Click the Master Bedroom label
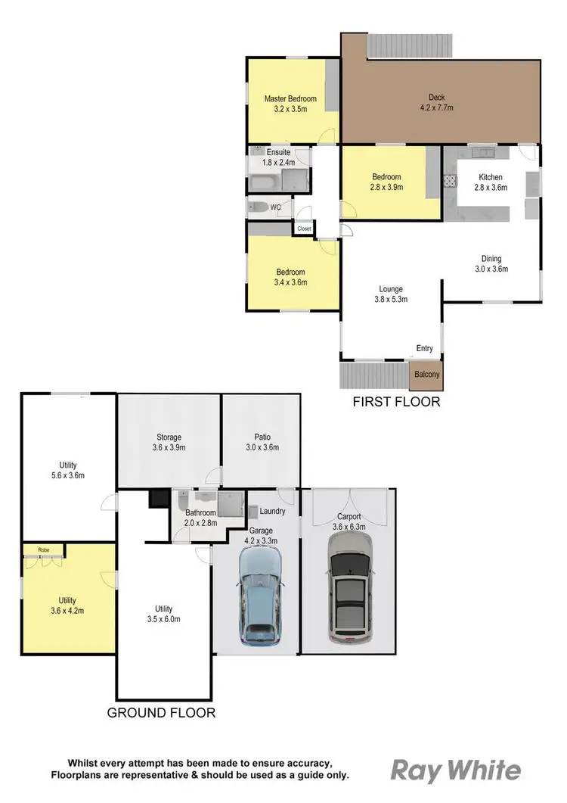coord(290,98)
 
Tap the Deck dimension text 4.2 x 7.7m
coord(436,107)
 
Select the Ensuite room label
coord(278,151)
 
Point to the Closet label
coord(304,228)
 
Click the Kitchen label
coord(490,177)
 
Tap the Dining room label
coord(488,259)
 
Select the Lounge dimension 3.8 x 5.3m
coord(391,299)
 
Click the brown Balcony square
coord(426,373)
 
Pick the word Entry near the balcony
coord(424,348)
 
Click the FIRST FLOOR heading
coord(396,402)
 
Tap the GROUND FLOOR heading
coord(161,712)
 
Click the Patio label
coord(262,437)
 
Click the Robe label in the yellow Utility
coord(32,549)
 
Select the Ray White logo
coord(455,770)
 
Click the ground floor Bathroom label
coord(201,512)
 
